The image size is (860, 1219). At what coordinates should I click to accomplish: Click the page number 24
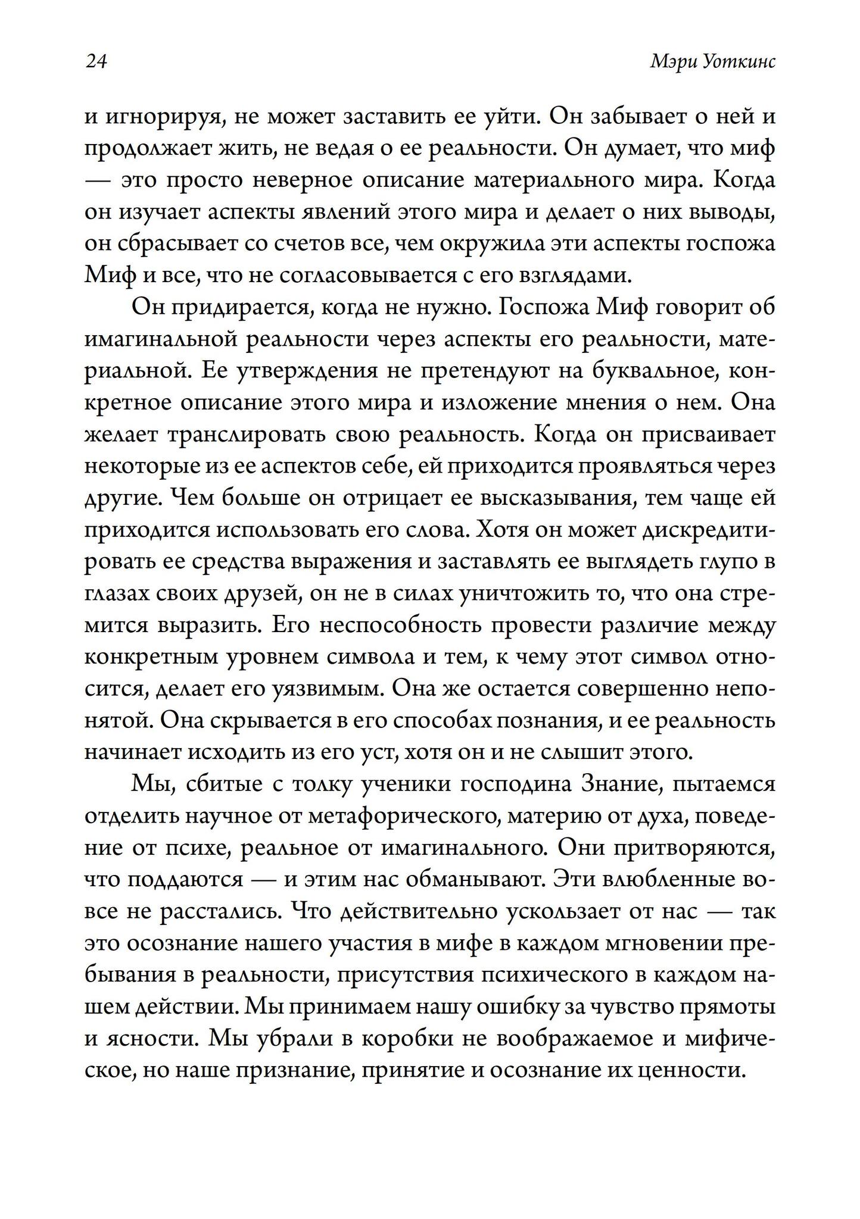[96, 62]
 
